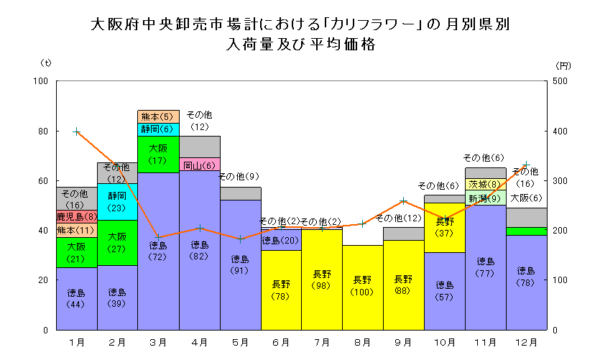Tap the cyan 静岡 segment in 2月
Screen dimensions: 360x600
117,202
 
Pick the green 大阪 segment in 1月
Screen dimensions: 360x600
76,252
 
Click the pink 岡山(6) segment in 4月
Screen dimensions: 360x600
199,165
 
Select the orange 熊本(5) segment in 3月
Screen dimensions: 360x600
158,116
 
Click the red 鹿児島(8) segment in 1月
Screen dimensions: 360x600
76,216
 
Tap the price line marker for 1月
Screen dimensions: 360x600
76,131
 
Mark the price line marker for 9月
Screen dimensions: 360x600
404,200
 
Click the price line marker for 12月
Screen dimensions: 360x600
527,165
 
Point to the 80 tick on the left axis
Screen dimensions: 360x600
42,131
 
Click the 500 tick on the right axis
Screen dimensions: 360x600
560,81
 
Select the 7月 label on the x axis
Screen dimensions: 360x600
321,342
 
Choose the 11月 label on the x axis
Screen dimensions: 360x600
486,342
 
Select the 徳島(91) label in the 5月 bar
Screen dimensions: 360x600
240,264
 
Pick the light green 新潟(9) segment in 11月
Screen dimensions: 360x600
486,198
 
